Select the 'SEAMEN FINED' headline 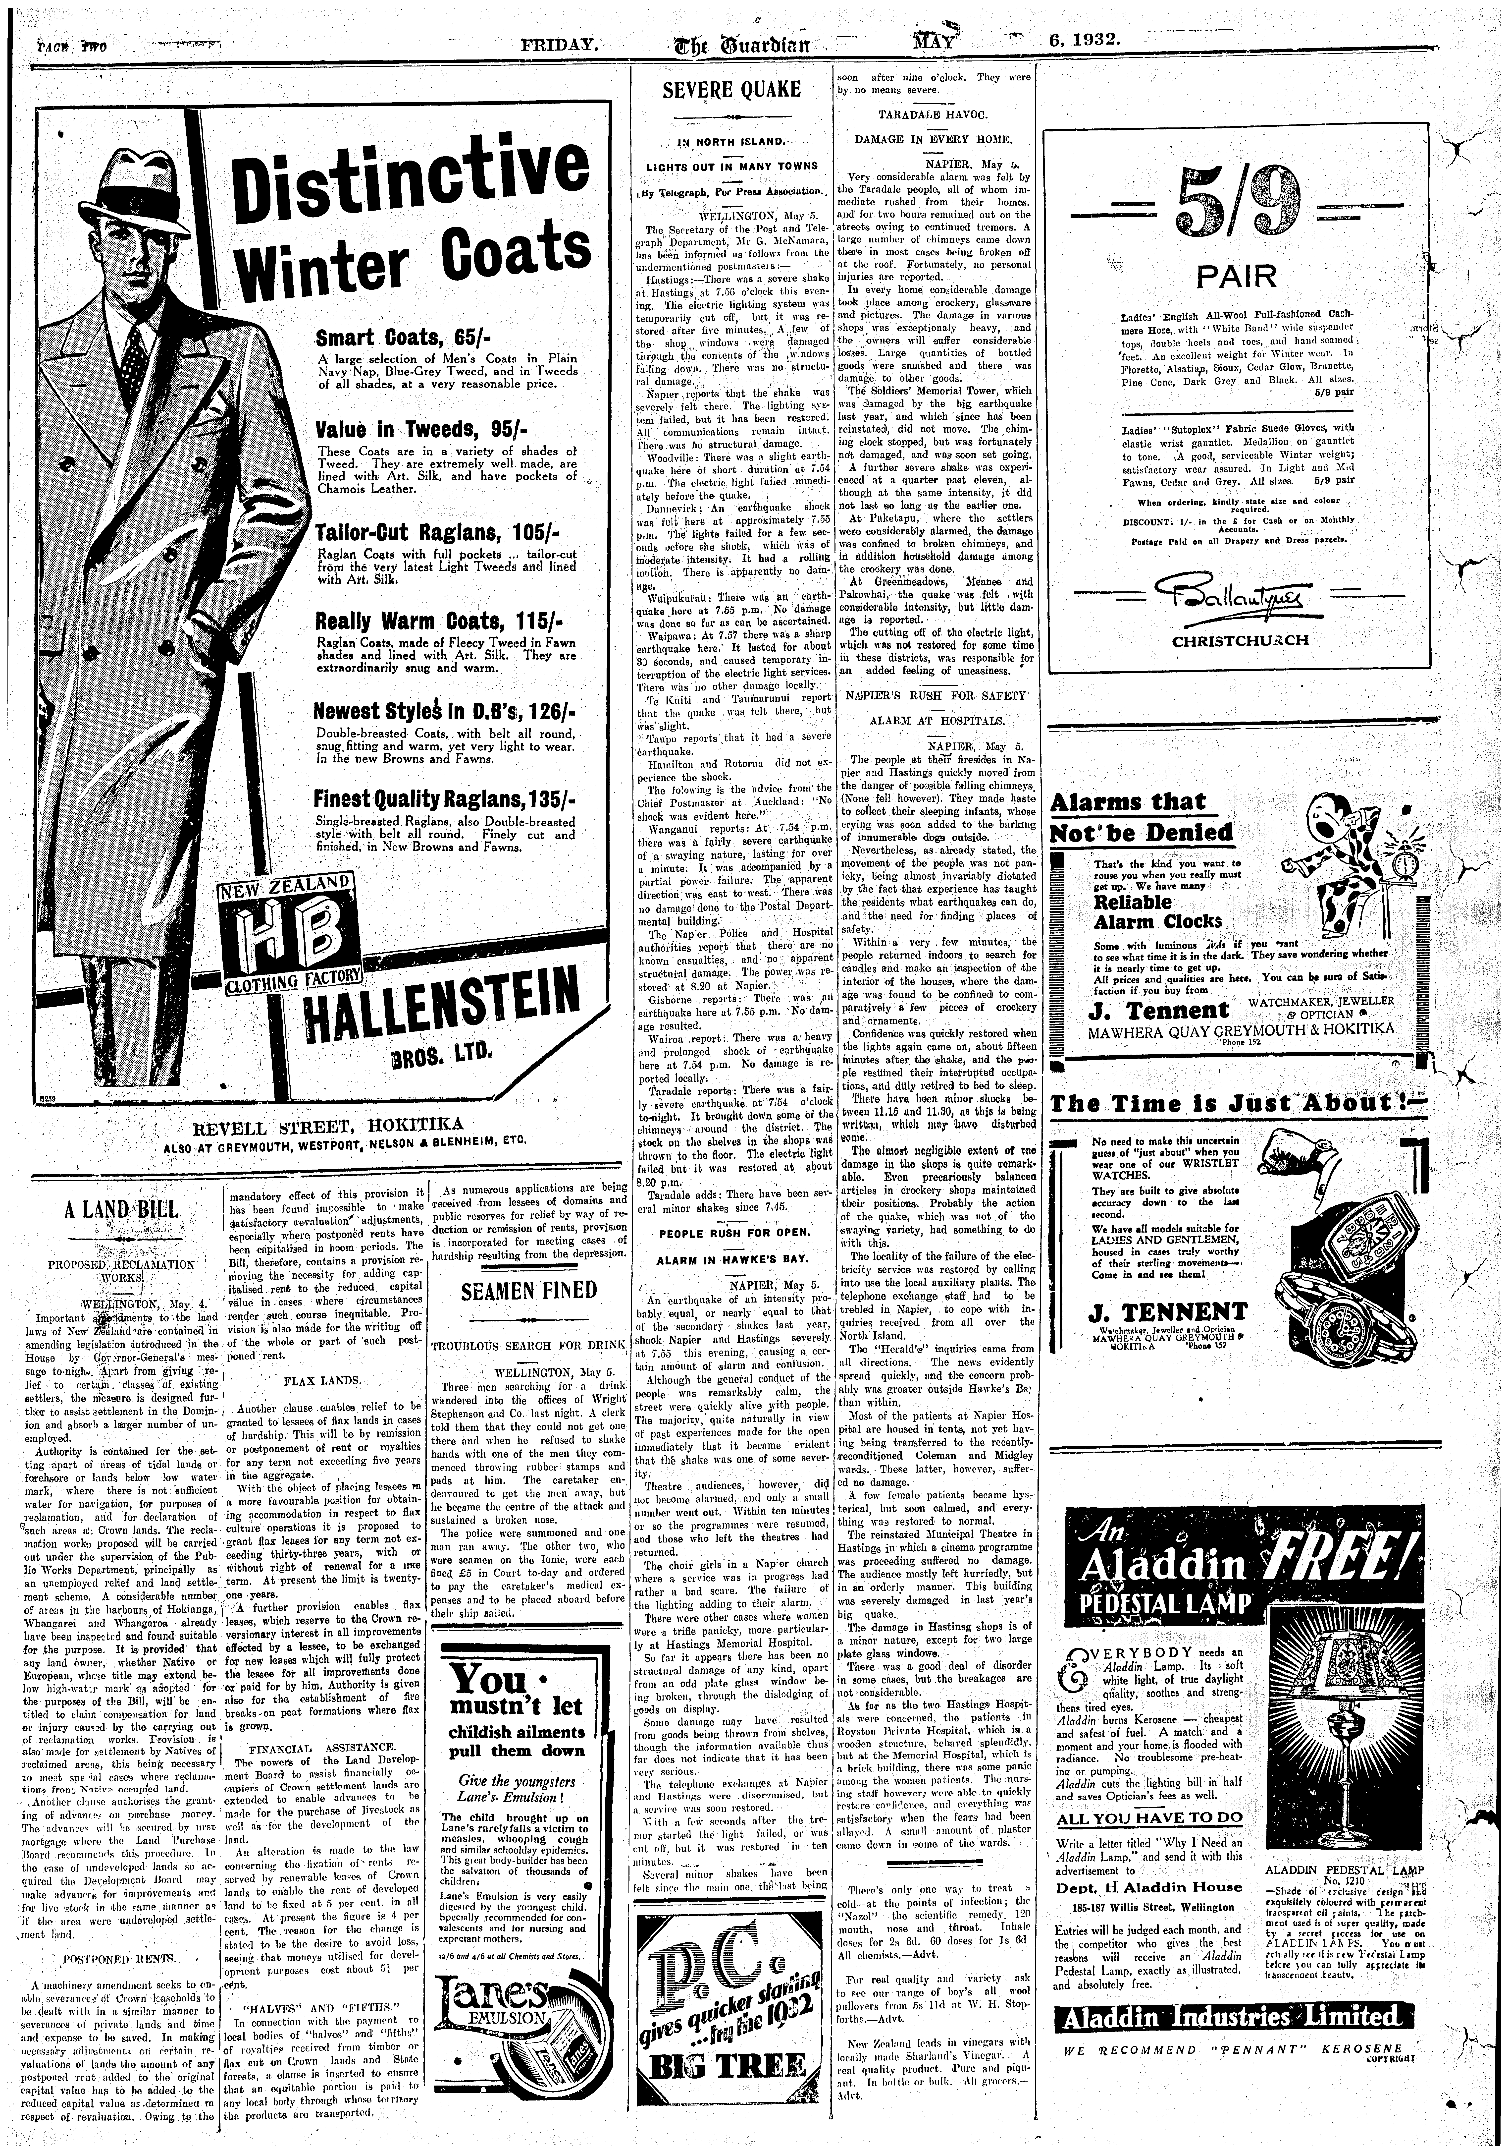point(529,1291)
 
